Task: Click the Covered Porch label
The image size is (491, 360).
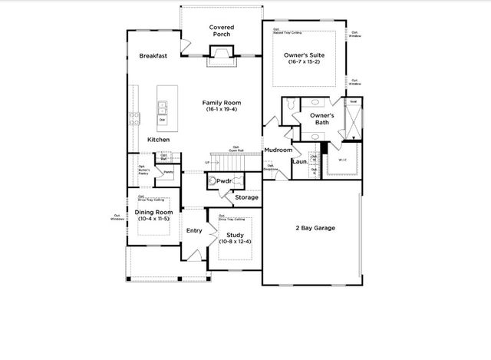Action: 222,31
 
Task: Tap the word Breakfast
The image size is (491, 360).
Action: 154,56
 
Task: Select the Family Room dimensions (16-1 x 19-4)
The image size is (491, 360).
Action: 222,110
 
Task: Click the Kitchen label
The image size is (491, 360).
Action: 159,140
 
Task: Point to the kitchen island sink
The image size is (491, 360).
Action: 163,105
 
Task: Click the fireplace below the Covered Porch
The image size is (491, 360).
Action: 222,52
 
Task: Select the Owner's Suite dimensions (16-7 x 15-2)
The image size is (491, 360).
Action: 306,61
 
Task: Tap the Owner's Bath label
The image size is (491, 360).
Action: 325,119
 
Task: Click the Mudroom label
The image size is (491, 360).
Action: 278,150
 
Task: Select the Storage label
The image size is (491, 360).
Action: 247,198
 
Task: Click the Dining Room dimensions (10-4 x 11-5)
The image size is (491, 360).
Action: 153,220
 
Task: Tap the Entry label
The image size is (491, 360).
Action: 194,230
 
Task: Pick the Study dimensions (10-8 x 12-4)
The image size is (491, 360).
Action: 235,243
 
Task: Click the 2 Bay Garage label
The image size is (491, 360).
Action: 312,229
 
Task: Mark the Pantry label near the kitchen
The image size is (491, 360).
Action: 168,172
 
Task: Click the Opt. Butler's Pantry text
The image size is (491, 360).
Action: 143,170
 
